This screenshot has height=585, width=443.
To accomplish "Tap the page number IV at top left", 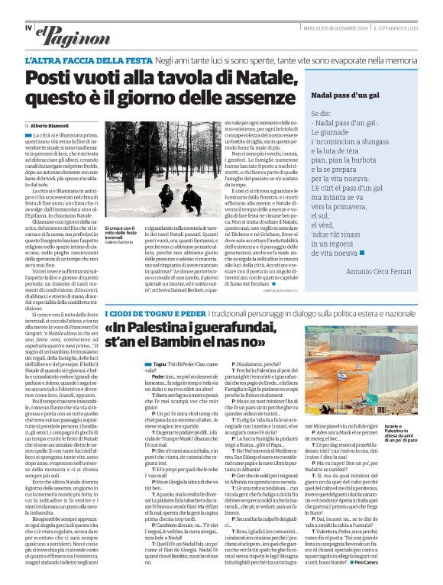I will (28, 27).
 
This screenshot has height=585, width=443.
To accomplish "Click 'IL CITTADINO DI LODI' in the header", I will (400, 28).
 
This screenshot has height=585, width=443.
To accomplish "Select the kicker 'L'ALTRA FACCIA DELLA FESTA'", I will (87, 60).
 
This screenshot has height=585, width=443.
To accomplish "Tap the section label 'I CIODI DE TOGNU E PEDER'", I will (155, 314).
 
